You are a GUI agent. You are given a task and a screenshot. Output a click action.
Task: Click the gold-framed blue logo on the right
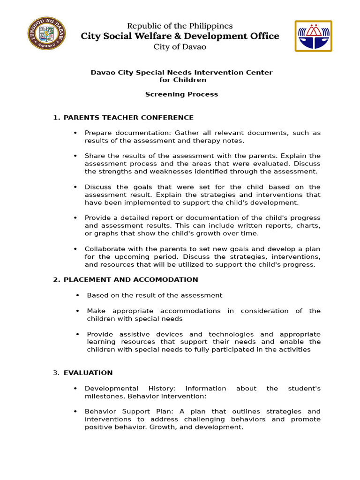pos(313,36)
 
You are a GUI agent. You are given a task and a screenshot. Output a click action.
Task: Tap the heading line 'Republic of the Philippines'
pos(180,26)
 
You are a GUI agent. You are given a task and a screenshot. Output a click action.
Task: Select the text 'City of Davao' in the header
pos(180,46)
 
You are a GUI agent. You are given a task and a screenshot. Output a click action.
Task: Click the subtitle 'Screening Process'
pos(181,94)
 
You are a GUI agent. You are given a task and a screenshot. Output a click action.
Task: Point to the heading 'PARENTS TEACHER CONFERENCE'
pos(128,118)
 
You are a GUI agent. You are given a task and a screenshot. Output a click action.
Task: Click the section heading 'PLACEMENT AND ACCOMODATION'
pos(131,280)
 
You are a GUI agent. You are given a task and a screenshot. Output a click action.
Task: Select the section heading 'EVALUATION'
pos(88,373)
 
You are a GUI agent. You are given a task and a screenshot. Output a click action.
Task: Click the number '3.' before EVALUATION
pos(56,373)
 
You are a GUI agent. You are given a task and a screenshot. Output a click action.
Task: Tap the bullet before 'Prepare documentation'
pos(75,133)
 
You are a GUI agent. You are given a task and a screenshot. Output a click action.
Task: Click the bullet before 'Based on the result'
pos(77,295)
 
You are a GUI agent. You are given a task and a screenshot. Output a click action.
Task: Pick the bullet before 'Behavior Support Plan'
pos(75,412)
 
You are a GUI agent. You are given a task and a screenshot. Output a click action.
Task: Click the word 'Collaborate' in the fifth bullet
pos(104,249)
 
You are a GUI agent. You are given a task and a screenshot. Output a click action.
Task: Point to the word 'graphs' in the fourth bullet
pos(103,233)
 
